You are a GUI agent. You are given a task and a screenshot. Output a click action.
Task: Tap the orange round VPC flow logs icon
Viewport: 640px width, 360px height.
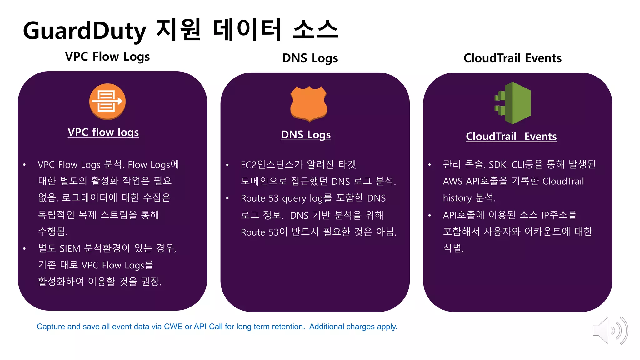point(107,101)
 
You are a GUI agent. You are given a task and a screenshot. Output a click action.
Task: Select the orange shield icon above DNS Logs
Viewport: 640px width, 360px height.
point(309,103)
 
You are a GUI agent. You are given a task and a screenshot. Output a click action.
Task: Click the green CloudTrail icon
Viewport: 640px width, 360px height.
point(513,103)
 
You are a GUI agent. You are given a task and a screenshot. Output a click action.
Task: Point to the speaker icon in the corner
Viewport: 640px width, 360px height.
point(610,331)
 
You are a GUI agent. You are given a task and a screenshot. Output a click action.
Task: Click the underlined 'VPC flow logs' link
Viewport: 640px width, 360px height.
point(103,132)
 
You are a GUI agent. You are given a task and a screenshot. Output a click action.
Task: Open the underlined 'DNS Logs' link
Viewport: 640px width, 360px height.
point(306,135)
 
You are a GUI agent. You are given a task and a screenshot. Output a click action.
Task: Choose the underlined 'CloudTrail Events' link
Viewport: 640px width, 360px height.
point(511,136)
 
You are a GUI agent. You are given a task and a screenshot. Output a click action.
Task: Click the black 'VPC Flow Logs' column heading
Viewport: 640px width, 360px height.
point(107,57)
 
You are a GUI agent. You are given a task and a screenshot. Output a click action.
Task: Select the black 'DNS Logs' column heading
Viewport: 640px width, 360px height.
point(310,58)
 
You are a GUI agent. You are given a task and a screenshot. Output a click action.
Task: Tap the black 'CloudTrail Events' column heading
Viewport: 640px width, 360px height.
point(512,58)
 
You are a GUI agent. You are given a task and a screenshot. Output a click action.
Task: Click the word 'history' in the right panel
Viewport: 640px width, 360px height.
point(457,198)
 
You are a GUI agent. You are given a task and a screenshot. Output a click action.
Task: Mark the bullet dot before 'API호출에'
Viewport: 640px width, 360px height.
point(430,215)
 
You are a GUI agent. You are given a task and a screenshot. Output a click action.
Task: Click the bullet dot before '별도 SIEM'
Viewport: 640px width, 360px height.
point(24,249)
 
